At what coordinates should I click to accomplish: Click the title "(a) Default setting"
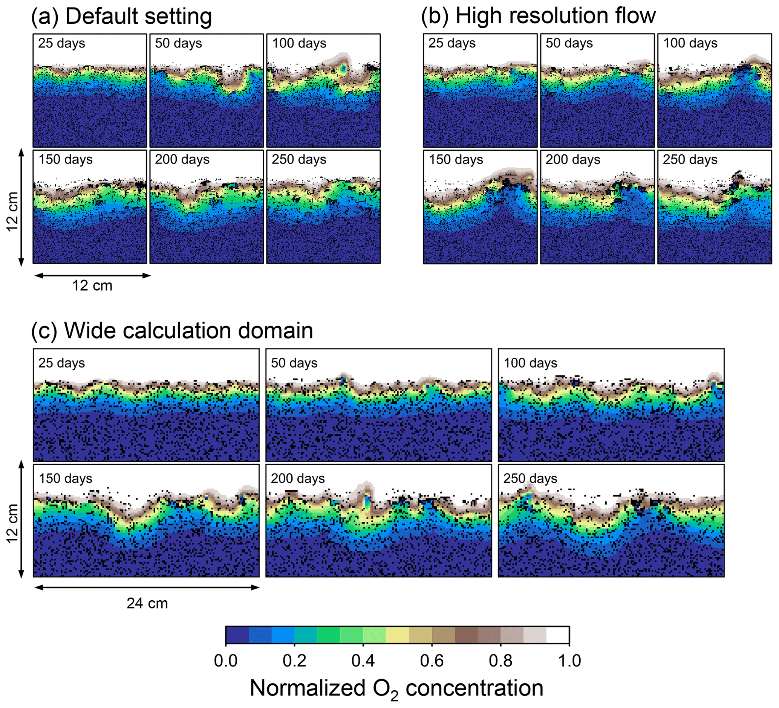pyautogui.click(x=121, y=17)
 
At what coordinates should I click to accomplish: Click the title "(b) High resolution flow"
pyautogui.click(x=538, y=17)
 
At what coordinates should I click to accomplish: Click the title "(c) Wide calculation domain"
pyautogui.click(x=172, y=331)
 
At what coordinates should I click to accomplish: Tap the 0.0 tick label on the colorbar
pyautogui.click(x=226, y=661)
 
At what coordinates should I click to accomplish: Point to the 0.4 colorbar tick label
pyautogui.click(x=363, y=661)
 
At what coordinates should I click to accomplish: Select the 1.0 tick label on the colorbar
pyautogui.click(x=569, y=661)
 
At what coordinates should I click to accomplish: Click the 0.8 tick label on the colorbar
pyautogui.click(x=500, y=661)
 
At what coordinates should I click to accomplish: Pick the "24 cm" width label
pyautogui.click(x=147, y=603)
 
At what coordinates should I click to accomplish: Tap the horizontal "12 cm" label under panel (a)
pyautogui.click(x=92, y=286)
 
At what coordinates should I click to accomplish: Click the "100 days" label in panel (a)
pyautogui.click(x=299, y=43)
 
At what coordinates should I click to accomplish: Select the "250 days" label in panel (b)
pyautogui.click(x=690, y=160)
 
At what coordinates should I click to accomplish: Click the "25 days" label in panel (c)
pyautogui.click(x=61, y=363)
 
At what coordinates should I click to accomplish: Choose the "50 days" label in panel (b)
pyautogui.click(x=569, y=43)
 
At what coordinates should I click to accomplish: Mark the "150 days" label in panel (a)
pyautogui.click(x=66, y=159)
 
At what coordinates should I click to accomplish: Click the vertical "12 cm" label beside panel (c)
pyautogui.click(x=13, y=523)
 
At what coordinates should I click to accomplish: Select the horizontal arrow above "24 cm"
pyautogui.click(x=147, y=587)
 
